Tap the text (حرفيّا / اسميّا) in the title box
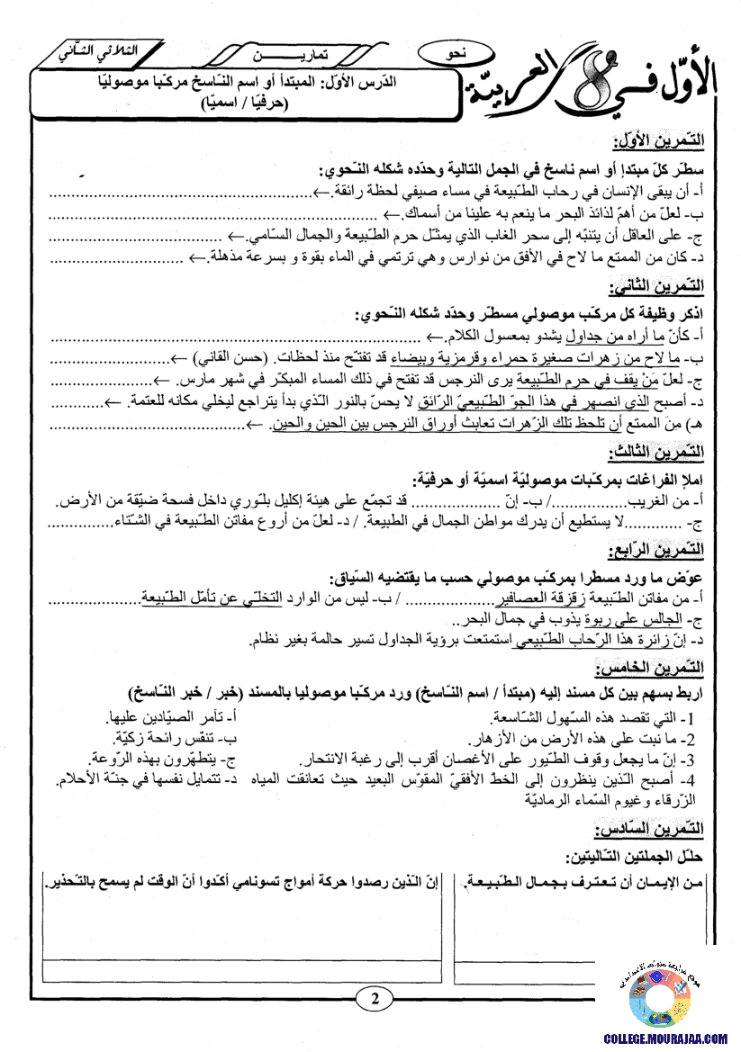237,103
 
